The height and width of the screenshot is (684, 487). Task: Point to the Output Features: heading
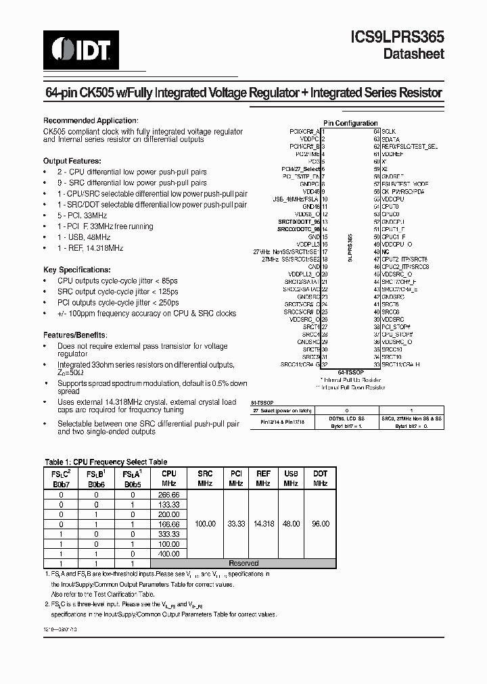click(x=72, y=162)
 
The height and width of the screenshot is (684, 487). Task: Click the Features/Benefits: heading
click(x=75, y=335)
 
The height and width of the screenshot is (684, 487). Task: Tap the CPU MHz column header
click(x=169, y=479)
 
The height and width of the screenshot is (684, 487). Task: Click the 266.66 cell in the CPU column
click(x=169, y=495)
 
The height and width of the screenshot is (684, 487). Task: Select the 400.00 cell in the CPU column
click(x=169, y=553)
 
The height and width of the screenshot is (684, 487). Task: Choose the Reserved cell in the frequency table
click(x=243, y=563)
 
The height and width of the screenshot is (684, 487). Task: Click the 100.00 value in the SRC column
click(x=205, y=524)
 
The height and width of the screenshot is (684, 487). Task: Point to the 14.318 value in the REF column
click(x=264, y=524)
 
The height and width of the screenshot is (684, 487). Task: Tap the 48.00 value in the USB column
click(x=292, y=524)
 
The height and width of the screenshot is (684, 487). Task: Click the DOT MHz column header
click(x=321, y=479)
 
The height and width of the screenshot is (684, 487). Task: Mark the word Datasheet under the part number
click(x=413, y=54)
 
